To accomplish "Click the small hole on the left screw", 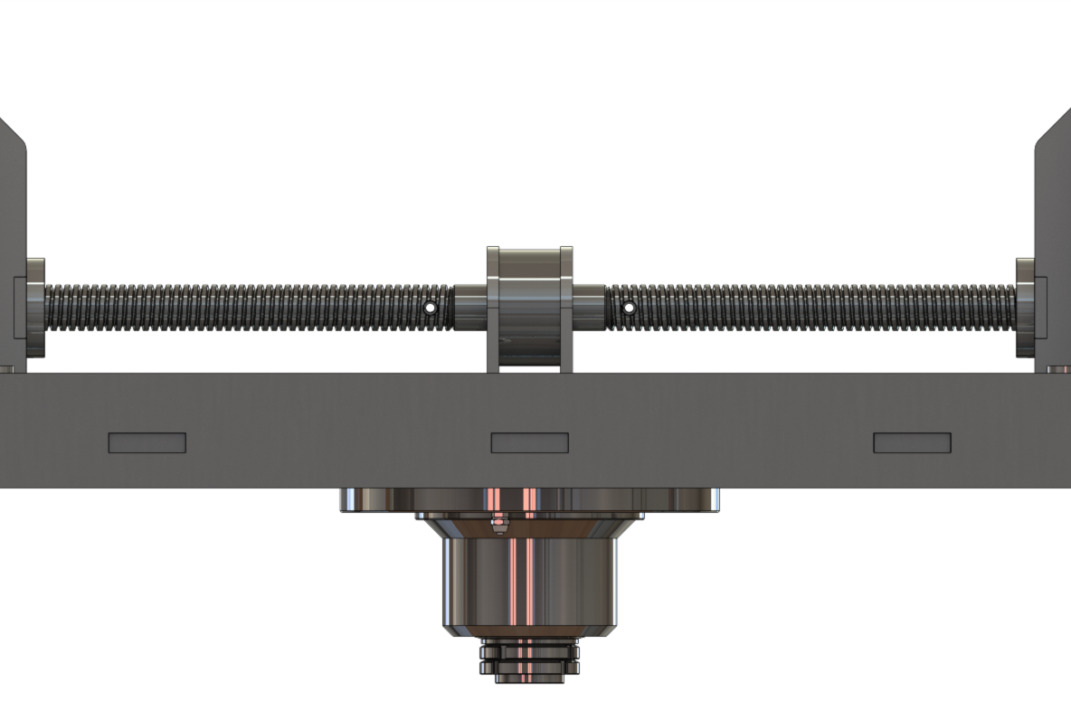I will [x=431, y=308].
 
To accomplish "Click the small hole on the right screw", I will [x=629, y=308].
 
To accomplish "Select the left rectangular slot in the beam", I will [x=147, y=442].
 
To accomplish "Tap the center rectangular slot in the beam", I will [x=530, y=442].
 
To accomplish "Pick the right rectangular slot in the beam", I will [x=912, y=442].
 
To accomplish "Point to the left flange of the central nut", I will [x=493, y=308].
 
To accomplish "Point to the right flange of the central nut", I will [x=566, y=308].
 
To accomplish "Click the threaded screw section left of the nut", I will [x=235, y=308].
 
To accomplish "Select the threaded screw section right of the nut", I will [x=814, y=308].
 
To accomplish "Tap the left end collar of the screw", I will [x=35, y=308].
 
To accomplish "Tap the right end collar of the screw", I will [x=1026, y=308].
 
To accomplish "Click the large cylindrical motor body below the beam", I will [x=530, y=579].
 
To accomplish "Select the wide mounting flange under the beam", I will [x=530, y=499].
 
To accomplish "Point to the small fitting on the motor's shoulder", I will [x=498, y=524].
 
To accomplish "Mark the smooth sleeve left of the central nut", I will [x=469, y=308].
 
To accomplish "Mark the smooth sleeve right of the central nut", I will [x=589, y=308].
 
